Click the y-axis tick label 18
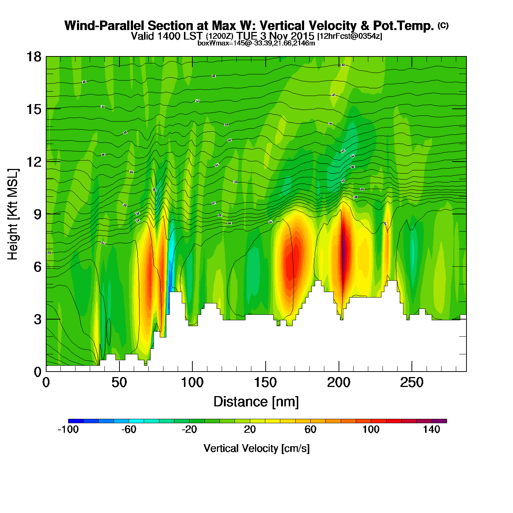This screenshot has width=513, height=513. pos(33,57)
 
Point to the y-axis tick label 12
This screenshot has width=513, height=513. pos(33,162)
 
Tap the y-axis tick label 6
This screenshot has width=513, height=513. pos(37,267)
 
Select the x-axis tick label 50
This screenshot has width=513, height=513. pos(119,383)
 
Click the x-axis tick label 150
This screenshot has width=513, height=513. pos(265,383)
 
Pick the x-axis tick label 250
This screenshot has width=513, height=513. pos(411,383)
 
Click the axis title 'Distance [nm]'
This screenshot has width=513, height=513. pos(256,402)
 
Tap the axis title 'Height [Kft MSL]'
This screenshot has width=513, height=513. pos(13,214)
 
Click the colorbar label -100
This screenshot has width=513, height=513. pos(68,429)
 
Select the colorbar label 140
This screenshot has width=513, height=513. pos(431,429)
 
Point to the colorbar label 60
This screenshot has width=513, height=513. pos(310,429)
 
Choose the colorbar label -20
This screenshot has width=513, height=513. pos(189,429)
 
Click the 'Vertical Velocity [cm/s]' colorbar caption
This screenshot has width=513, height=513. pos(256,448)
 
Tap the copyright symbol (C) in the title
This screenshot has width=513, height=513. pos(443,25)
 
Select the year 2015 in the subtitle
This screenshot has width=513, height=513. pos(302,36)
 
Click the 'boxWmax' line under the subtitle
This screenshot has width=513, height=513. pos(256,43)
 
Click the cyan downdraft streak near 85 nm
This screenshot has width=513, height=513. pos(171,256)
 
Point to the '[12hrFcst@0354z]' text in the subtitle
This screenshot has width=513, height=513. pos(350,36)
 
